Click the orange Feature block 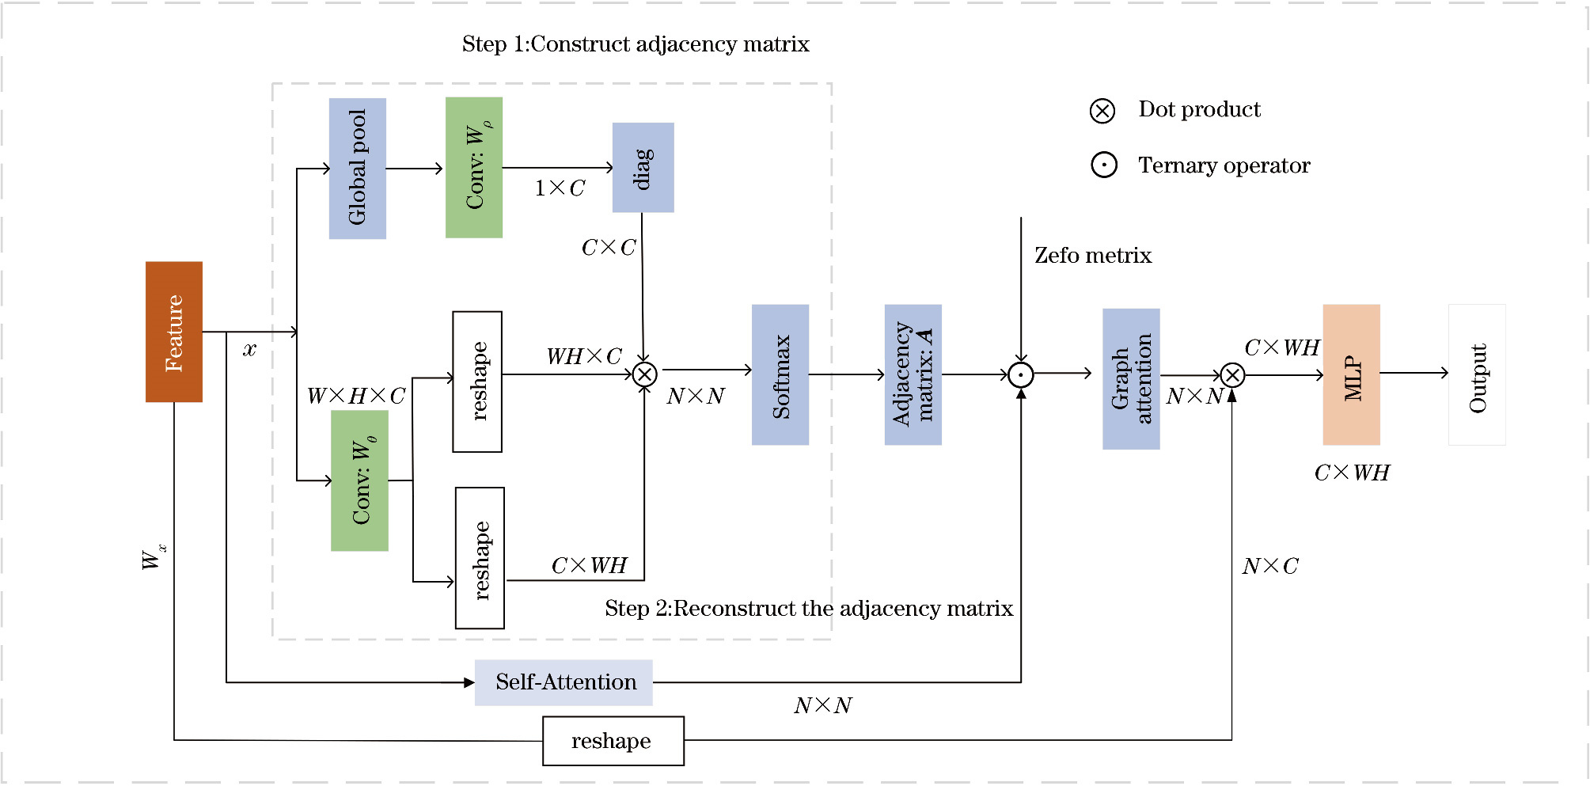(x=174, y=332)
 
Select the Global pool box (x=358, y=168)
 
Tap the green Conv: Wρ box (x=474, y=167)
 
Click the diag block (x=643, y=167)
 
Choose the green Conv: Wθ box (x=360, y=480)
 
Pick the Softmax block (x=780, y=374)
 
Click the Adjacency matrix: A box (x=913, y=374)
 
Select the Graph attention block (x=1131, y=379)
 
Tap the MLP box (x=1352, y=374)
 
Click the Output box (x=1477, y=374)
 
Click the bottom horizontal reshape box (x=613, y=741)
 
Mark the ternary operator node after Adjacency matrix (x=1021, y=375)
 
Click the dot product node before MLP (x=1232, y=375)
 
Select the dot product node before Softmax (x=645, y=374)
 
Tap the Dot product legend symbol (x=1102, y=111)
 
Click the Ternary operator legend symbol (x=1104, y=165)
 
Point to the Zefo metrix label (x=1093, y=256)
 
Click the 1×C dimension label (x=560, y=188)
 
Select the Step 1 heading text (x=636, y=44)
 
